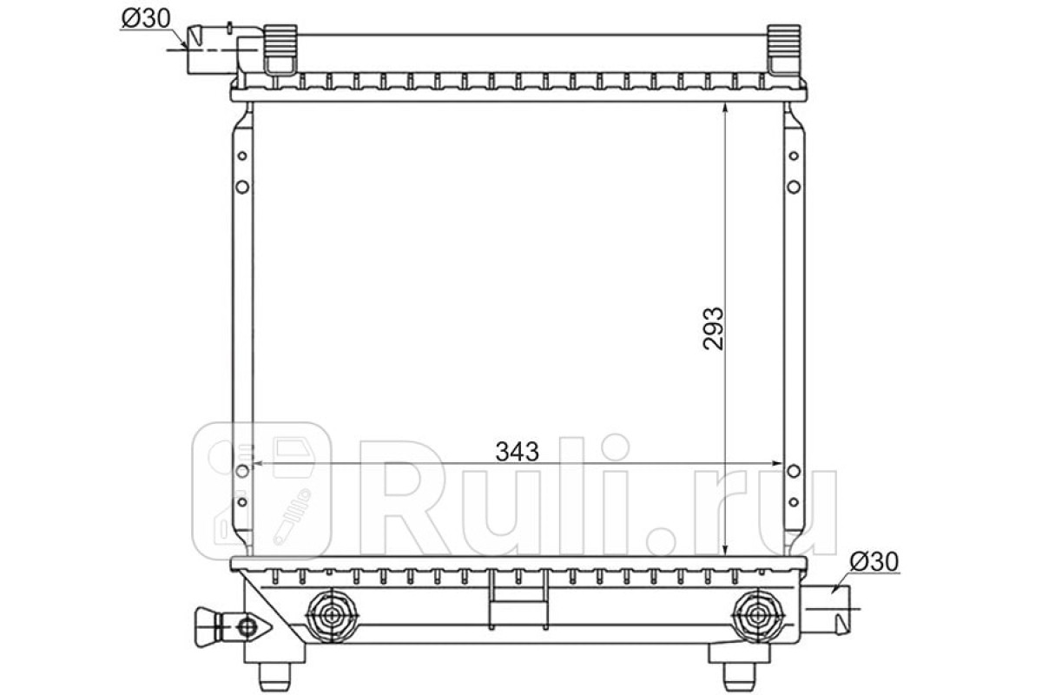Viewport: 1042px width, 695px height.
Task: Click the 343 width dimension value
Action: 517,451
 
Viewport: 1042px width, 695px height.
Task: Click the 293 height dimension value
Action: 714,328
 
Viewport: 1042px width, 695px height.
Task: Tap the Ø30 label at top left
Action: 146,18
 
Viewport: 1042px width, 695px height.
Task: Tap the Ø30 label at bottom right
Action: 874,562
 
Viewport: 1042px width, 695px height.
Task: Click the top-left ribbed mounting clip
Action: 280,50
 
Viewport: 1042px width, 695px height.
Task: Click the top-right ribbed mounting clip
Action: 784,50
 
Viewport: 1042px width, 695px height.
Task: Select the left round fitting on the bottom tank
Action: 332,616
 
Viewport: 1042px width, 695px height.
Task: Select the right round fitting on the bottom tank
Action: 758,616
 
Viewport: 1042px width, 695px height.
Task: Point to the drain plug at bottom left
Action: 233,626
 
